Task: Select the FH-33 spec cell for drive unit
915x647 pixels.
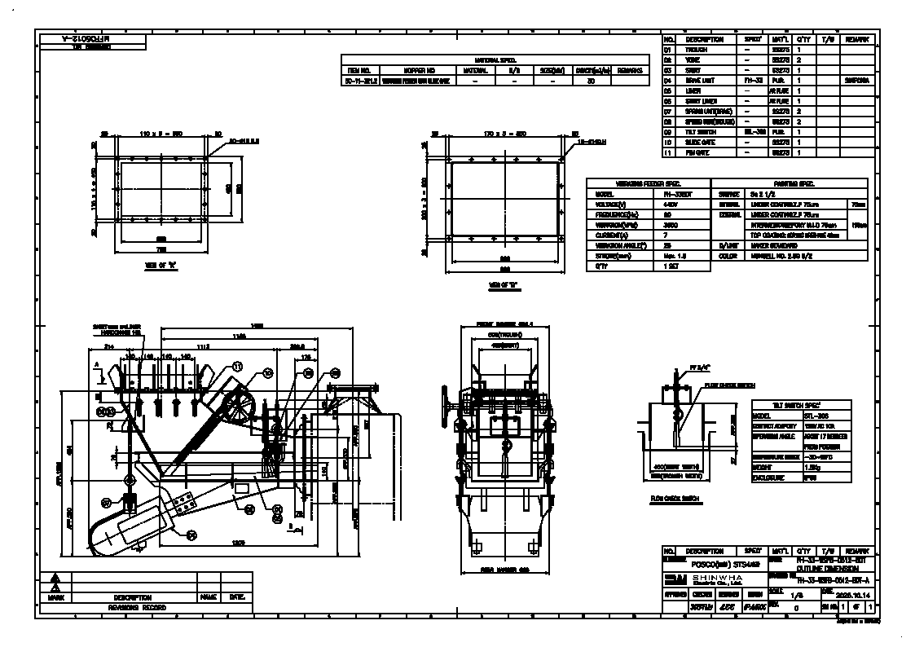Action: coord(753,81)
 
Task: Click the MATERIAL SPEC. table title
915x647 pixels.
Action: coord(495,60)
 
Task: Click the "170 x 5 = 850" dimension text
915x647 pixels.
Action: coord(504,132)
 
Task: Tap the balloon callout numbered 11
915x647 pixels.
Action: coord(237,368)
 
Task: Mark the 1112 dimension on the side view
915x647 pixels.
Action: coord(201,346)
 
